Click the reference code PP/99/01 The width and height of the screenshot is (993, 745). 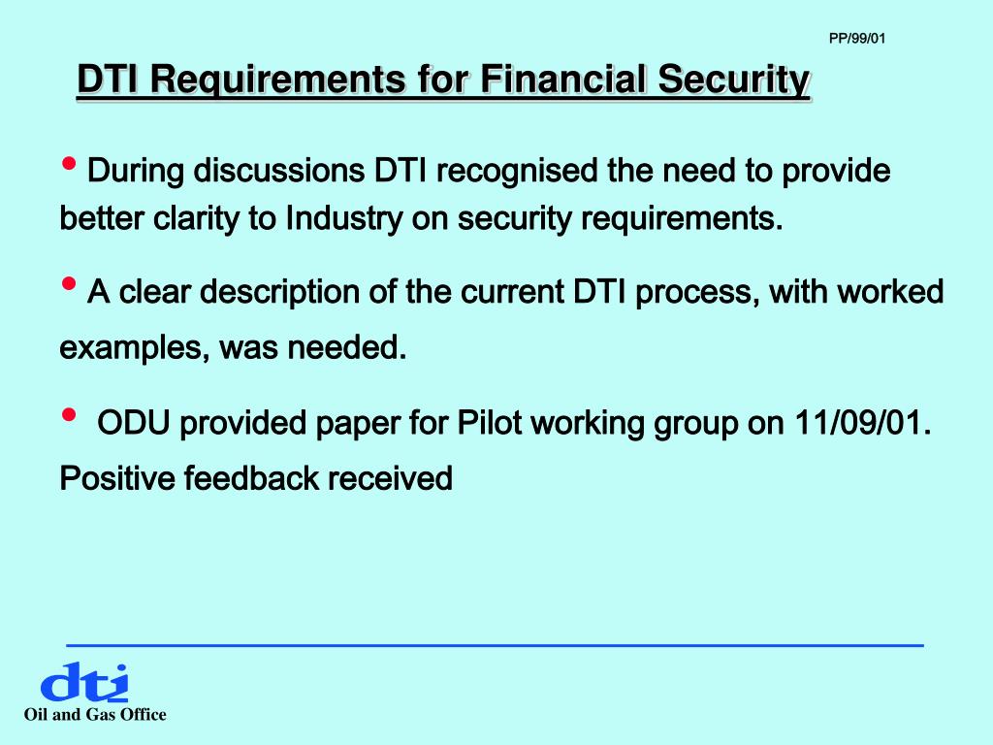coord(857,39)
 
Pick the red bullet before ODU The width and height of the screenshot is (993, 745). coord(69,414)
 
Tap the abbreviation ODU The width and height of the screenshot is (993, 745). coord(133,424)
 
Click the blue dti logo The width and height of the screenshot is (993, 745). coord(83,683)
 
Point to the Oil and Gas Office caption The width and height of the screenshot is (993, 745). coord(95,715)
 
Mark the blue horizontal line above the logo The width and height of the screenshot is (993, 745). coord(495,645)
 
